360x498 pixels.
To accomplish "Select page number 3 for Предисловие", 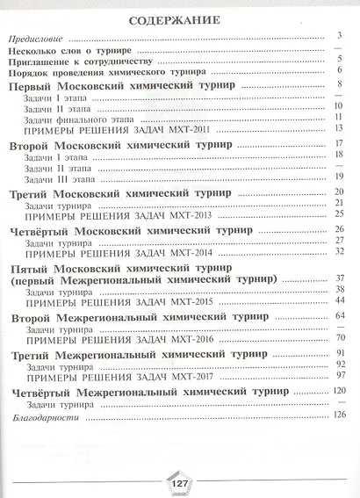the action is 337,36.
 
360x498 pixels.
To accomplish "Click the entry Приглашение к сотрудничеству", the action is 84,63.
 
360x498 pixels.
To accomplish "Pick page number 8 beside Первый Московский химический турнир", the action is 337,84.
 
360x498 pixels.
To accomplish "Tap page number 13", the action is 336,127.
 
